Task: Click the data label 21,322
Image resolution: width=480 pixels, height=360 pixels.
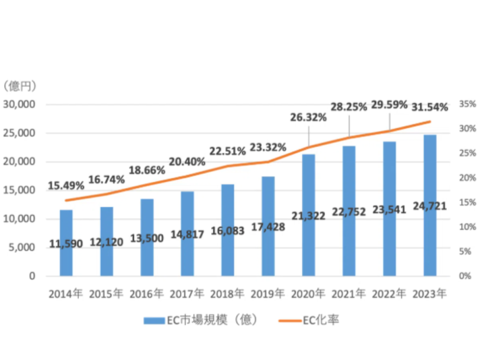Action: click(309, 216)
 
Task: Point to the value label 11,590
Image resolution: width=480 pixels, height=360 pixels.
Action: click(66, 244)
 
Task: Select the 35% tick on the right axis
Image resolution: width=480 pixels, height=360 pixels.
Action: click(467, 104)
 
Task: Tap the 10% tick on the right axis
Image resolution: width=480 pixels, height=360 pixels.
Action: click(467, 227)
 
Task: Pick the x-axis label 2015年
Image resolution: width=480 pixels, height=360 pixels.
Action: click(106, 292)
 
